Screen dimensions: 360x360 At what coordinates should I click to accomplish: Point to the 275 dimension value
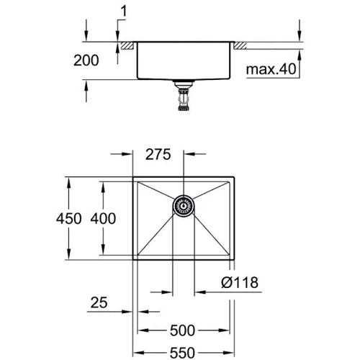158,154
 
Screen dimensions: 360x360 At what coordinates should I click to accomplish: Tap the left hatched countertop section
127,46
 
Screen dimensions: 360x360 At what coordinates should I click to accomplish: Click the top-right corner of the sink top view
235,176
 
